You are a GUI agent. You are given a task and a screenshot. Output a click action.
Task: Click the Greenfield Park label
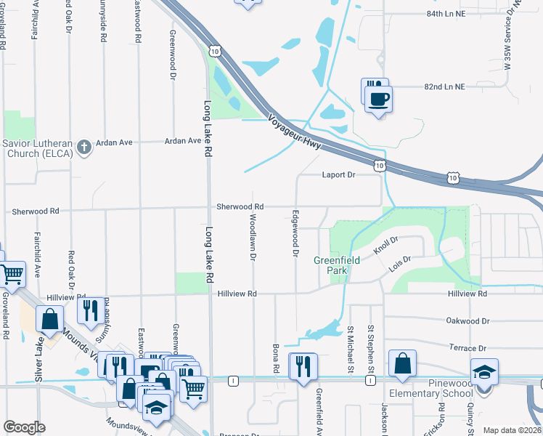click(x=332, y=265)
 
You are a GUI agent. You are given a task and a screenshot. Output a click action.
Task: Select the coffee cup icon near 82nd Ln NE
click(x=379, y=98)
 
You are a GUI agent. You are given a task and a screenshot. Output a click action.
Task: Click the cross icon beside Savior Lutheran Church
click(x=84, y=147)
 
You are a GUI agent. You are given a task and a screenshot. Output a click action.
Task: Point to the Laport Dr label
click(x=338, y=175)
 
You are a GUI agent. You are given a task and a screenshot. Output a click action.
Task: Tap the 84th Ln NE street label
click(x=445, y=14)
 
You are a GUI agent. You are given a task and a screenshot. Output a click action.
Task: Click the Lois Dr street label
click(x=400, y=263)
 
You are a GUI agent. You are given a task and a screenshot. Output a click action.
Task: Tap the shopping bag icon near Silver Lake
click(x=49, y=320)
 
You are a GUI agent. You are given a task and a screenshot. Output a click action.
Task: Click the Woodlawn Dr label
click(x=253, y=237)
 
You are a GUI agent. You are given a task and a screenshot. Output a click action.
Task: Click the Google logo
click(x=24, y=427)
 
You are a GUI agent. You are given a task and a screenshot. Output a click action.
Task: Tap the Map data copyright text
click(x=512, y=430)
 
